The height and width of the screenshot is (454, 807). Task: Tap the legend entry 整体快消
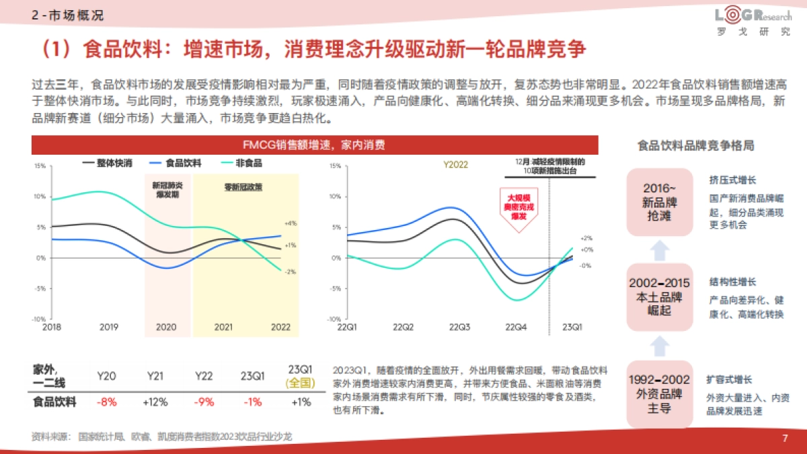(x=107, y=163)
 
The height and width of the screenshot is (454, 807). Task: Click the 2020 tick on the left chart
(x=166, y=327)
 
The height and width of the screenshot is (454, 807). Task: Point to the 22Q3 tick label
(x=459, y=327)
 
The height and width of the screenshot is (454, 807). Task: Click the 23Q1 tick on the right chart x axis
(x=572, y=327)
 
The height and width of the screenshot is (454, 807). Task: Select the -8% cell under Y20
(x=107, y=402)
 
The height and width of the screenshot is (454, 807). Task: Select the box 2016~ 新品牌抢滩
(x=660, y=202)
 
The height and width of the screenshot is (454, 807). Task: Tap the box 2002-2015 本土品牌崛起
(x=660, y=297)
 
